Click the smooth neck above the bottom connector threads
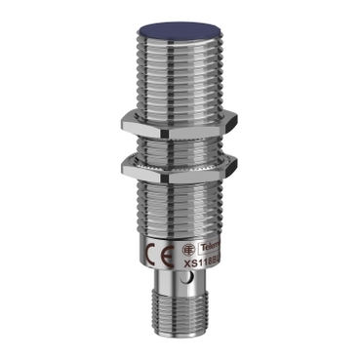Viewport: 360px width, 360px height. (x=180, y=293)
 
